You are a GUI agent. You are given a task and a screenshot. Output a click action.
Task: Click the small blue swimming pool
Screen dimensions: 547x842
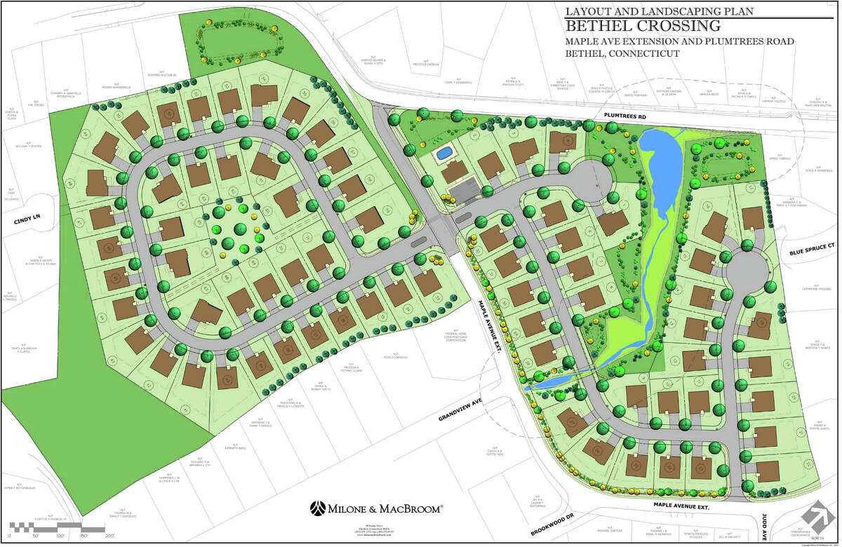pos(443,152)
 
